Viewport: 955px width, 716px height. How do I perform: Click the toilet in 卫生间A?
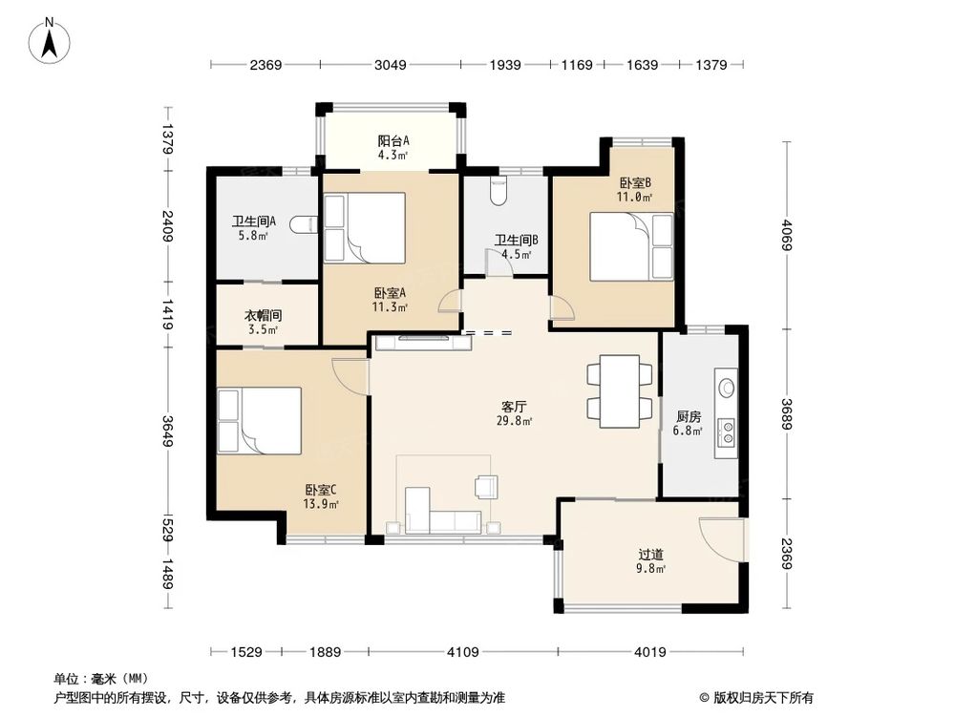pyautogui.click(x=304, y=225)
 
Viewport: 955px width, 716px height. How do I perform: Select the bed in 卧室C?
pyautogui.click(x=260, y=419)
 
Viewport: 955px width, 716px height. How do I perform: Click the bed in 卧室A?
pyautogui.click(x=365, y=227)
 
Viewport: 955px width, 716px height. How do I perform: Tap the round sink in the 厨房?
pyautogui.click(x=727, y=388)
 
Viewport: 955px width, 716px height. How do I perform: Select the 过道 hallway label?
pyautogui.click(x=651, y=554)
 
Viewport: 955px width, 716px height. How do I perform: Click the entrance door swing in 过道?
pyautogui.click(x=718, y=539)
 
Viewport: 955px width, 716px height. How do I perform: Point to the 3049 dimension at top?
pyautogui.click(x=390, y=65)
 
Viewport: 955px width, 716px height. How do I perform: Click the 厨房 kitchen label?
pyautogui.click(x=689, y=416)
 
